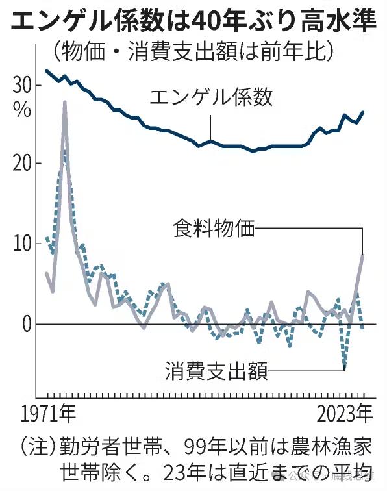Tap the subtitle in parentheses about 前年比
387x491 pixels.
pyautogui.click(x=193, y=50)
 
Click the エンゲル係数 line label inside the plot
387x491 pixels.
pyautogui.click(x=211, y=98)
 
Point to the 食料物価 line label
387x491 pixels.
pyautogui.click(x=214, y=229)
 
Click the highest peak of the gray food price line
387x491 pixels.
pyautogui.click(x=65, y=102)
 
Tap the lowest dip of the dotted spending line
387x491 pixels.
pyautogui.click(x=344, y=368)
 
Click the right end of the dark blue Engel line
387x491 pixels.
pyautogui.click(x=363, y=112)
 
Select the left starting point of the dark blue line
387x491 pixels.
pyautogui.click(x=45, y=71)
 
